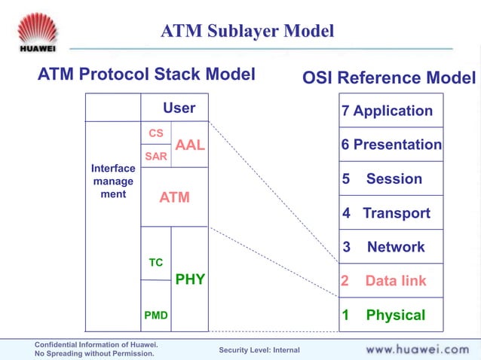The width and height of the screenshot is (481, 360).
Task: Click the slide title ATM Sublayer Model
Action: point(247,32)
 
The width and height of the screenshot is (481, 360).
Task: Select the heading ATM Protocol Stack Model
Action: point(146,75)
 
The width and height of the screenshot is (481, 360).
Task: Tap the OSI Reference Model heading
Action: point(389,78)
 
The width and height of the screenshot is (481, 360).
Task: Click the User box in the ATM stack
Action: point(179,108)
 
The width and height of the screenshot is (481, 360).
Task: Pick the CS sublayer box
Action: point(156,133)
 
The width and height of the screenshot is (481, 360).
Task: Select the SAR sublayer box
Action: point(156,156)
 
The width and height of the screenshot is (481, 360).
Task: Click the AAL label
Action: point(190,145)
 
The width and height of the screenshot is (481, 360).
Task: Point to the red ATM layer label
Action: point(174,197)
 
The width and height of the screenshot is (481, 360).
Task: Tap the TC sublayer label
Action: point(156,263)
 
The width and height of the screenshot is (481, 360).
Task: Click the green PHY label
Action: point(190,279)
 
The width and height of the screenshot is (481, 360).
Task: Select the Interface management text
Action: point(113,182)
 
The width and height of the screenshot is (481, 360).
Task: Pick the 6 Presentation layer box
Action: point(391,145)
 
